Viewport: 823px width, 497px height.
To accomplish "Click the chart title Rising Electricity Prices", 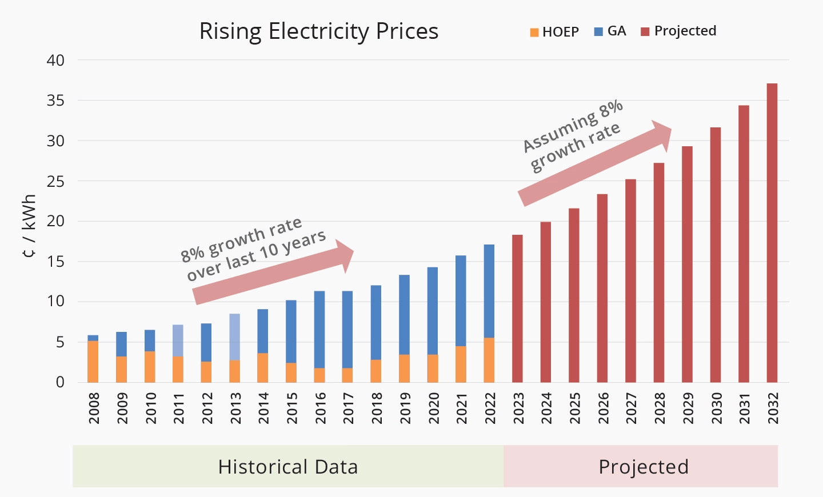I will point(318,31).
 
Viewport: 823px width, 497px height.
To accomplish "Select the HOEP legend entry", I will point(554,32).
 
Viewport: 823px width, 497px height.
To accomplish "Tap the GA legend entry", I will point(610,31).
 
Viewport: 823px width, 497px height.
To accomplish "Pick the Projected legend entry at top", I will point(678,31).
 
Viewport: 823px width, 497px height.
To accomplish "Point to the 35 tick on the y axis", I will point(55,101).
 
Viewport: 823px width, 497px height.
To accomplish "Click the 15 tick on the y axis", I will point(55,262).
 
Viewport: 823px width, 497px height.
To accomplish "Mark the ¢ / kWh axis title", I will point(30,226).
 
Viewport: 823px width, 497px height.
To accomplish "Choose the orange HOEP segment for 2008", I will point(93,362).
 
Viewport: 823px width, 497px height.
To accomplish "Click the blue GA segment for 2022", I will point(489,291).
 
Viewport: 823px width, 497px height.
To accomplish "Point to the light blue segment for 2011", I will point(178,340).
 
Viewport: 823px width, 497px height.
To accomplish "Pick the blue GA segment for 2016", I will point(319,330).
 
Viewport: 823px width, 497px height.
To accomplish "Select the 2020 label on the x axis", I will point(433,408).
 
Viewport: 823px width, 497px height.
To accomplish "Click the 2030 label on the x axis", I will point(716,408).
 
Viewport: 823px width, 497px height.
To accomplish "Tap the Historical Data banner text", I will point(287,467).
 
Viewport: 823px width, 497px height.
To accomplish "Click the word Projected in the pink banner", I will point(643,467).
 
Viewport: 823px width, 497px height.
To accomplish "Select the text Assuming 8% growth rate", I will point(572,137).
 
